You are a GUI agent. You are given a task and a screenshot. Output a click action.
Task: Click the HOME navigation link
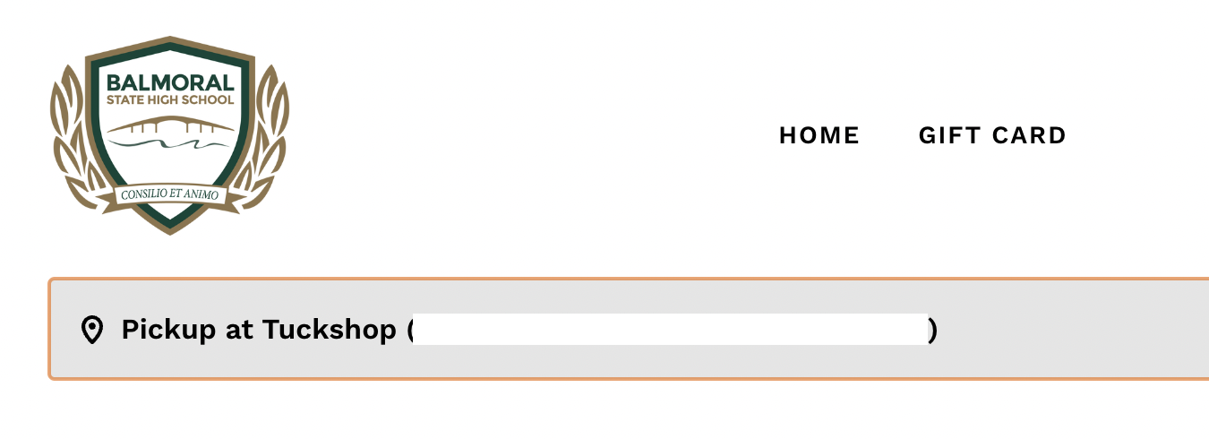tap(819, 135)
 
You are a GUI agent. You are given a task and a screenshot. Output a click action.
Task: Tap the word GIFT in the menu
tap(948, 135)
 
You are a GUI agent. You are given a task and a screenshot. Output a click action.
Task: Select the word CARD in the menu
tap(1029, 135)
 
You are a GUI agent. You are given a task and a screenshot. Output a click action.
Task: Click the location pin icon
tap(91, 330)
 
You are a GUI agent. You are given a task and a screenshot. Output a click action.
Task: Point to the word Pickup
tap(168, 330)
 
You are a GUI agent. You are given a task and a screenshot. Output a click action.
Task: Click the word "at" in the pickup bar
tap(239, 330)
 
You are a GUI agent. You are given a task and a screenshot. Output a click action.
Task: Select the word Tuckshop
tap(329, 330)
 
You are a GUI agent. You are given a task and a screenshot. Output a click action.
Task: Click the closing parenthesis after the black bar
tap(932, 331)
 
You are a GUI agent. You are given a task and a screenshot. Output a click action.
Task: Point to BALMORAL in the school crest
tap(170, 83)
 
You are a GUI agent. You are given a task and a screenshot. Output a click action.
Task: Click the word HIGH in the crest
tap(171, 100)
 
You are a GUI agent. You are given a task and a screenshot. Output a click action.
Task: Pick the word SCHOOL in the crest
tap(211, 100)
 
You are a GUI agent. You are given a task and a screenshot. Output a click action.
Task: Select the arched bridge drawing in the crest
tap(170, 124)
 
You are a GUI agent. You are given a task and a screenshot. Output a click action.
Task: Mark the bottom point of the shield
tap(169, 231)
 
